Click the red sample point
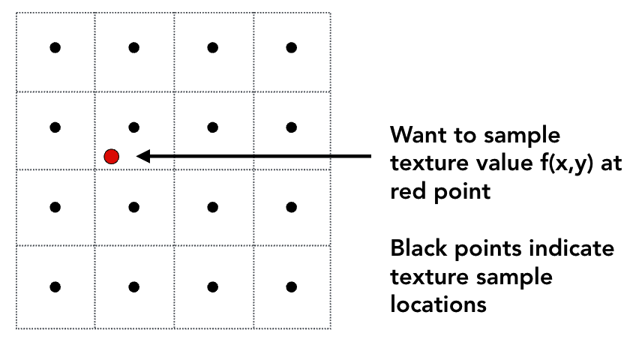point(112,156)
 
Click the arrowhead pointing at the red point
point(142,156)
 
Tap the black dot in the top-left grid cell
point(55,48)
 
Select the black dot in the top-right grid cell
point(291,48)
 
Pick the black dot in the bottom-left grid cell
point(55,286)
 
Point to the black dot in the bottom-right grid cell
point(291,286)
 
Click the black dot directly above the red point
point(133,127)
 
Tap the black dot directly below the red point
point(133,206)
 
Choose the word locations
point(439,304)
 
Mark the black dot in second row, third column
point(212,127)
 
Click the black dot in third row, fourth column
point(291,206)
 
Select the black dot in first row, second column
point(133,48)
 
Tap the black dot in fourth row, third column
point(212,286)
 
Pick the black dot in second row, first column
point(55,127)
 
